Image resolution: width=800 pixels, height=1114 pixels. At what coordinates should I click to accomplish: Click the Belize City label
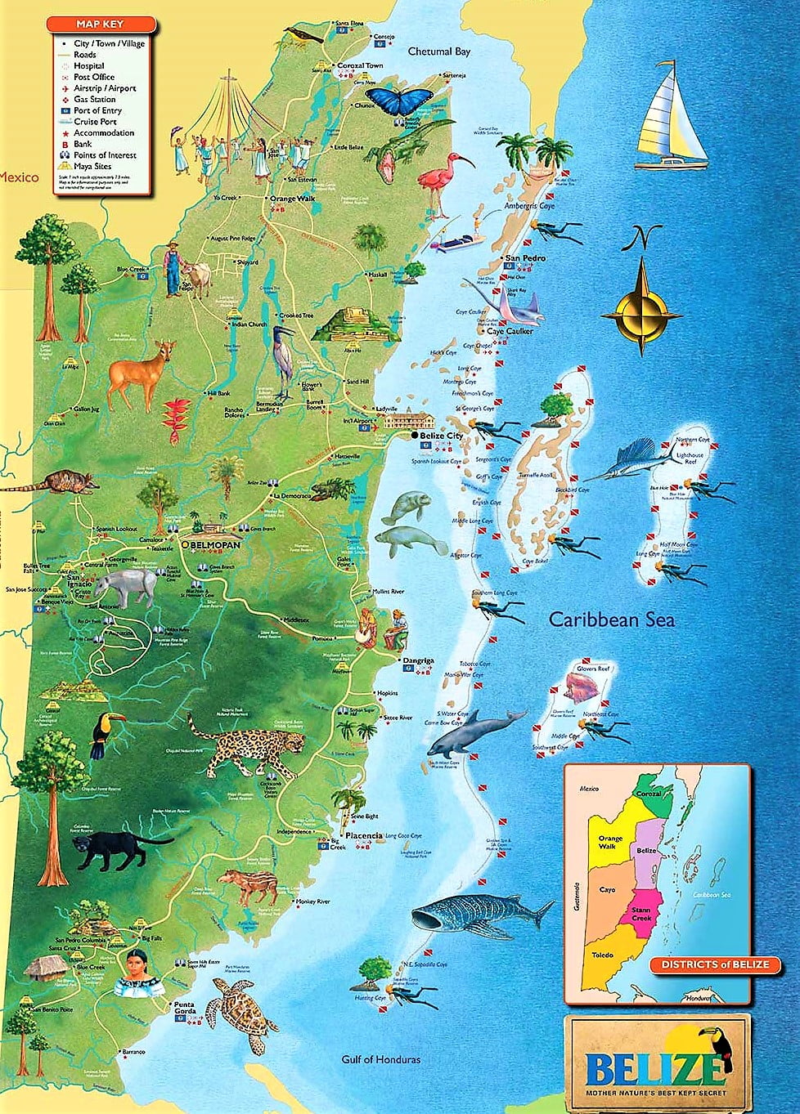(443, 436)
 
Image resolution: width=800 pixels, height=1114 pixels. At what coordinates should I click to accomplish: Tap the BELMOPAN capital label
(216, 544)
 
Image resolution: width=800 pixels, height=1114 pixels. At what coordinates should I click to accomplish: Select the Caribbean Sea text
(611, 620)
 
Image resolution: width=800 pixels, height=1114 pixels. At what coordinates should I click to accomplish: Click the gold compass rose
(640, 311)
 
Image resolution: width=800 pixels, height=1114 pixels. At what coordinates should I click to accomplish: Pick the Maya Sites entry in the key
(93, 166)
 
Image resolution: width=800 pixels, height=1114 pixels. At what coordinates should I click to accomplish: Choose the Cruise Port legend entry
(95, 122)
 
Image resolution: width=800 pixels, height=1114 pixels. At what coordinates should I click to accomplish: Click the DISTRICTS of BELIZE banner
(715, 964)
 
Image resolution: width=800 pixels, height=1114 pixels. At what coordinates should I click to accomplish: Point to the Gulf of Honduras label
(380, 1059)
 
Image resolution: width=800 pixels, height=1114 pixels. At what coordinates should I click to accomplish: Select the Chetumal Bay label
(439, 51)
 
